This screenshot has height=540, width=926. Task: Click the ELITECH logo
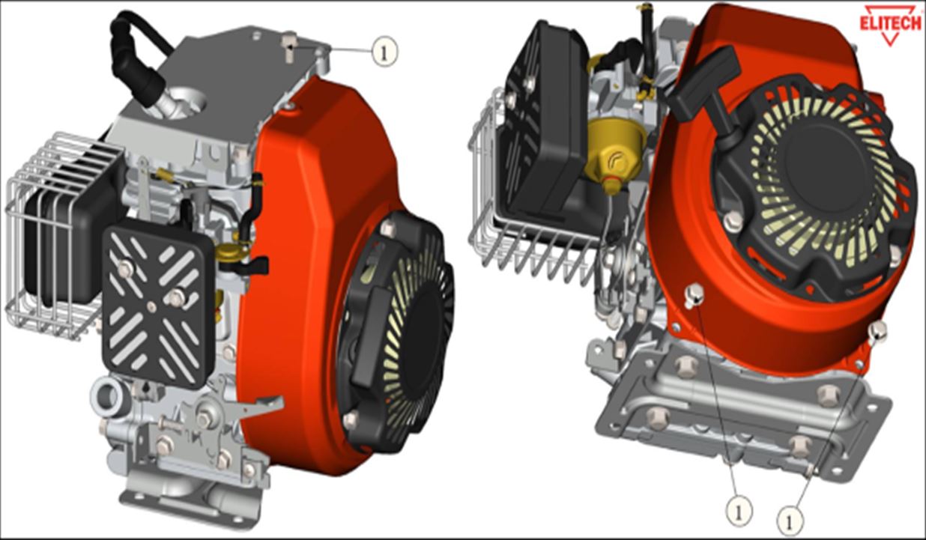tap(892, 25)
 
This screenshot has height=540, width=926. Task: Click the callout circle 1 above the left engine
tap(384, 52)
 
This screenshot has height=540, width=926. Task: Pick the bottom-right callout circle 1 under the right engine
tap(790, 521)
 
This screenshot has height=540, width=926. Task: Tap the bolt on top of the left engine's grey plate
tap(289, 46)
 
